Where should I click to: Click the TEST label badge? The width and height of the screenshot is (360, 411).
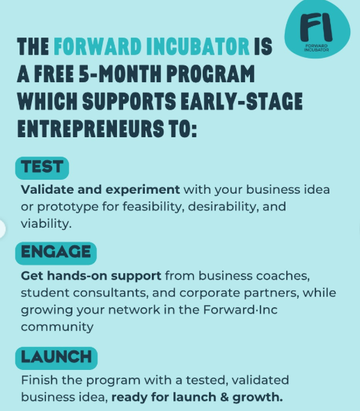42,167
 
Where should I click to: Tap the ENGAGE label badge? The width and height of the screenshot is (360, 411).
56,251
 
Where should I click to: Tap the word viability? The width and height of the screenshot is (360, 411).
47,224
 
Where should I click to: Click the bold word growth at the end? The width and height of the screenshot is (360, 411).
260,398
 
